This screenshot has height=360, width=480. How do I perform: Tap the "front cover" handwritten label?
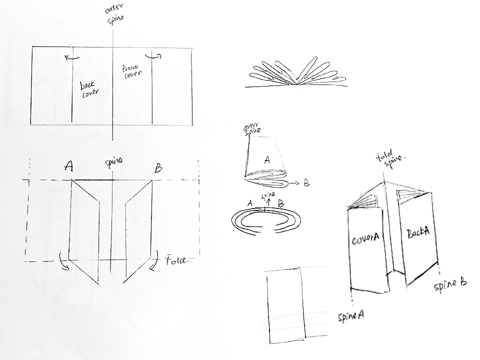[x=132, y=72]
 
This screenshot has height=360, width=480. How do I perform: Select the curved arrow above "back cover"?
[x=71, y=57]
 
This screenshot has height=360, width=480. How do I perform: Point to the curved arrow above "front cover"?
[x=154, y=56]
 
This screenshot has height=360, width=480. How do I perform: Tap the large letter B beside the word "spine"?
[x=158, y=168]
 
